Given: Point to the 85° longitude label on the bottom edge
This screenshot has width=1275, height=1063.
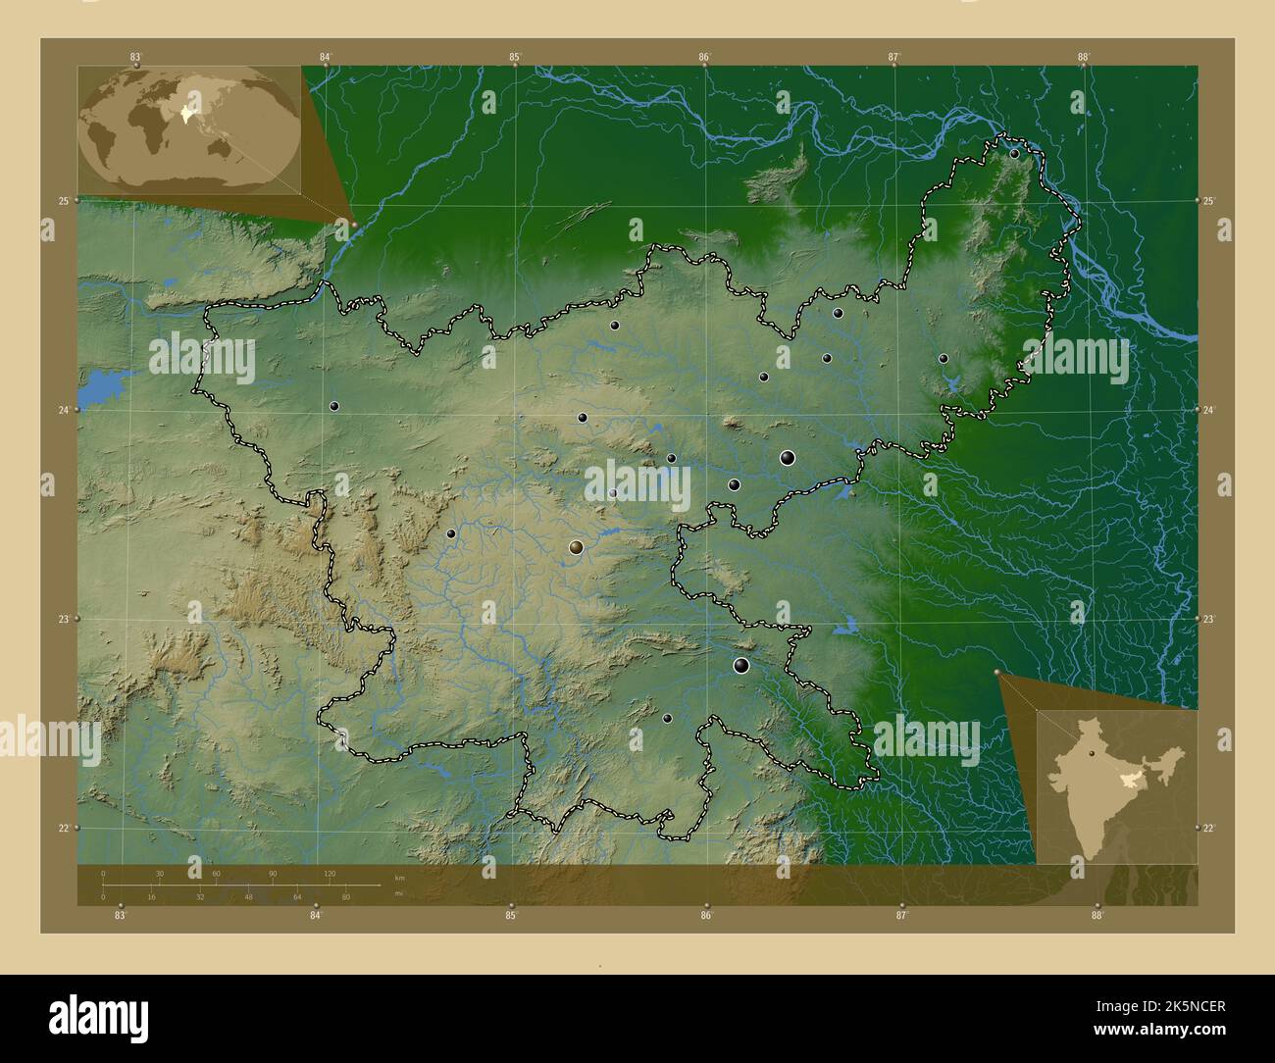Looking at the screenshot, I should click(x=511, y=916).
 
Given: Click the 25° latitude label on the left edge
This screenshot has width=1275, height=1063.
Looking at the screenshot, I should click(x=63, y=201).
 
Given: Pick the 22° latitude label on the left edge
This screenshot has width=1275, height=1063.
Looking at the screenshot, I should click(x=63, y=829).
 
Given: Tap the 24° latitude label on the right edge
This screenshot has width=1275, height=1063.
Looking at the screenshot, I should click(x=1209, y=410).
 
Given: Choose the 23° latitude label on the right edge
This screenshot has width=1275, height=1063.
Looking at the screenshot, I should click(x=1209, y=620).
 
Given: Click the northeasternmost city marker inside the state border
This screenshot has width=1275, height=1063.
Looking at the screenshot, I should click(x=1014, y=154).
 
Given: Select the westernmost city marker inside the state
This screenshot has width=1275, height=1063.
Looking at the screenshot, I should click(x=334, y=406).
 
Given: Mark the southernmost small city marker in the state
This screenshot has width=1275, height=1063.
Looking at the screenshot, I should click(x=667, y=719).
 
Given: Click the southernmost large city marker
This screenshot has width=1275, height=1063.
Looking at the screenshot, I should click(x=741, y=667).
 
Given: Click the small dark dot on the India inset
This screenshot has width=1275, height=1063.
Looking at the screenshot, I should click(x=1091, y=754).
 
